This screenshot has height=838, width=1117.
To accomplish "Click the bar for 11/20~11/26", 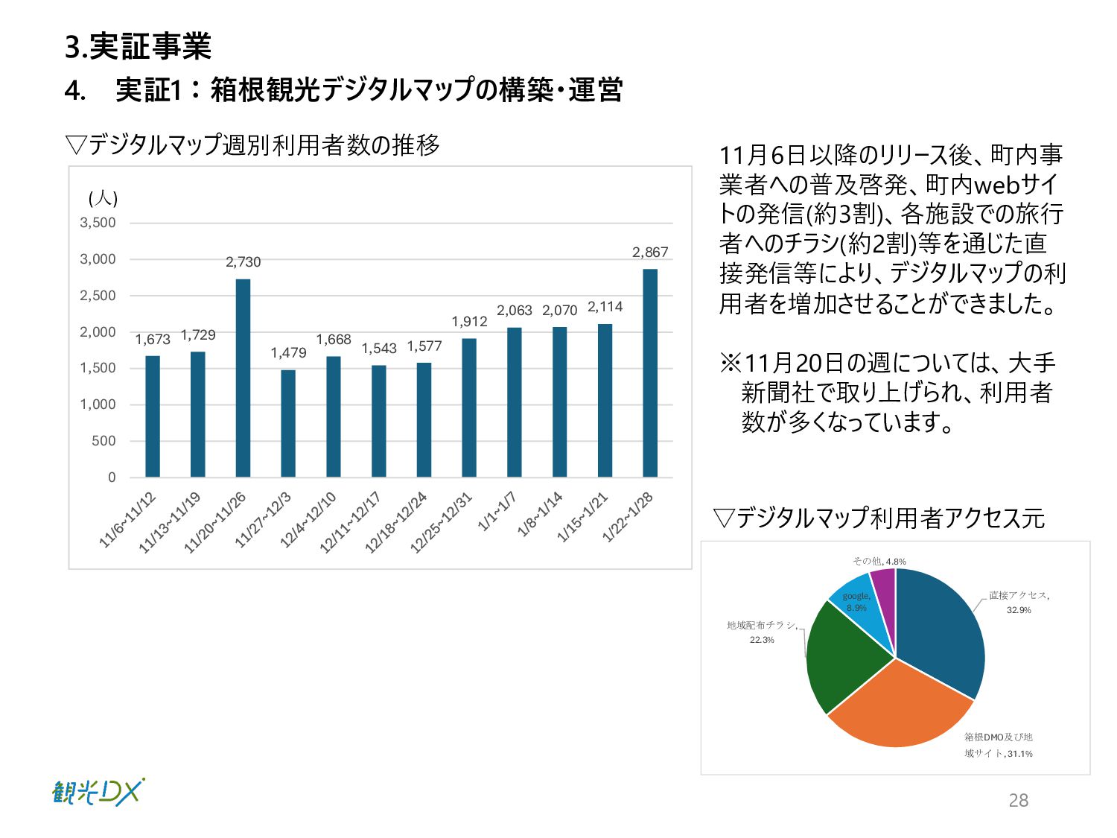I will point(243,378).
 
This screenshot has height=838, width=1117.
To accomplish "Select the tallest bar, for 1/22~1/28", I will point(650,372).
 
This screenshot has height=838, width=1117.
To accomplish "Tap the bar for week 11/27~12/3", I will point(288,423).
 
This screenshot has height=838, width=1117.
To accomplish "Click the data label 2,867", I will point(650,253).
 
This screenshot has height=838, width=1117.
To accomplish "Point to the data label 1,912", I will point(469,322).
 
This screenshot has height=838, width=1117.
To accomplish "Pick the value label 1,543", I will point(379,349).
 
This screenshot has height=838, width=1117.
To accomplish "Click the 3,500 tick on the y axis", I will point(98,223).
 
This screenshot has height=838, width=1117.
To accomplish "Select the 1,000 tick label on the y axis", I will point(98,404).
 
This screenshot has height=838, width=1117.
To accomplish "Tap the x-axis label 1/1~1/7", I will point(497,512).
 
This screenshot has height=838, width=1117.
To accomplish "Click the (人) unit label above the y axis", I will point(103,198).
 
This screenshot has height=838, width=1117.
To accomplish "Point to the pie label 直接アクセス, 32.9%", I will point(1019,603).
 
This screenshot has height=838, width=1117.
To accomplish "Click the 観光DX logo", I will point(98,792).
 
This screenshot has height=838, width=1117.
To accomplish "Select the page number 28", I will point(1018,800).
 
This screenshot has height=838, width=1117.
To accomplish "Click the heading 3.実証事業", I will point(139,47).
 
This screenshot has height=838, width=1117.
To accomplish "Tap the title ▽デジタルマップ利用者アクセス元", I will point(879,518).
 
